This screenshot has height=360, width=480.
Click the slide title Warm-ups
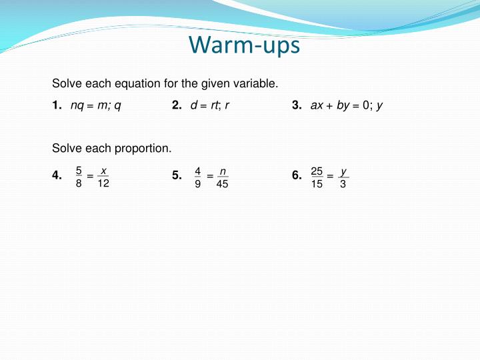(x=244, y=45)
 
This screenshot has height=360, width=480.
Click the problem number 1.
(x=57, y=105)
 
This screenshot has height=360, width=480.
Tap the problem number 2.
(x=177, y=105)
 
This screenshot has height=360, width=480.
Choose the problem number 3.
(x=297, y=105)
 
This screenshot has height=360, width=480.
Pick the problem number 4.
(x=57, y=176)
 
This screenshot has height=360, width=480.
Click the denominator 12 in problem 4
(x=103, y=183)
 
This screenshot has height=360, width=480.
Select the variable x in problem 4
(x=103, y=171)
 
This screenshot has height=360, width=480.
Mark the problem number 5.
(x=177, y=176)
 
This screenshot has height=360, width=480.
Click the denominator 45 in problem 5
(x=222, y=183)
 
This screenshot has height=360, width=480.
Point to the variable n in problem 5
(x=222, y=171)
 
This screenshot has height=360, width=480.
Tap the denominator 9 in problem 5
(x=198, y=183)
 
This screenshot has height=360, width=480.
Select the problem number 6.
(x=297, y=176)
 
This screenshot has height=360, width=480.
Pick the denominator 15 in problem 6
(x=317, y=183)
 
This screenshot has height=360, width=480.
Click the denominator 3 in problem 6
(x=343, y=183)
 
